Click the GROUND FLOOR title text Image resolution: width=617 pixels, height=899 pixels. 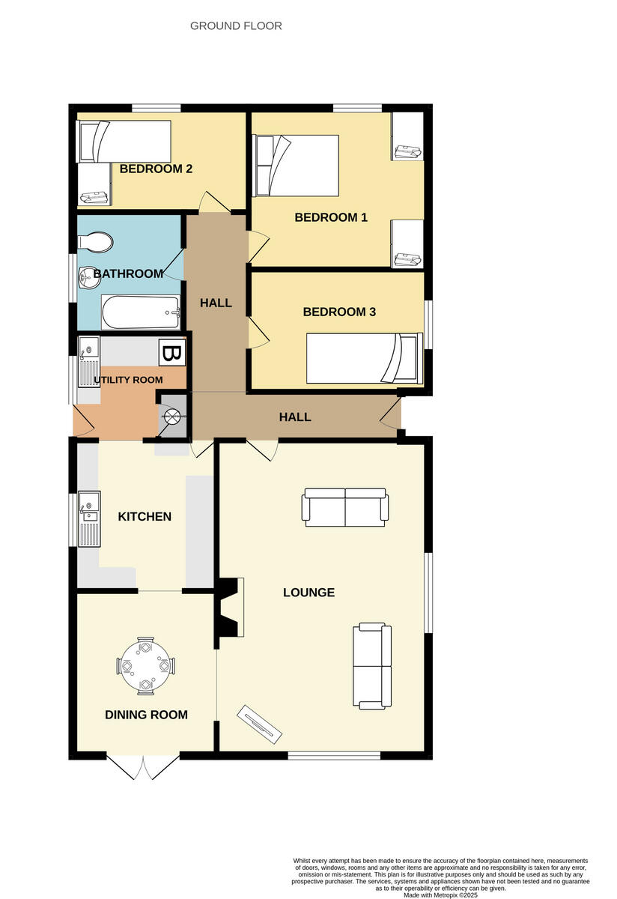tap(236, 25)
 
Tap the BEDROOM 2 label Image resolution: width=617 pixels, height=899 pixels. tap(156, 169)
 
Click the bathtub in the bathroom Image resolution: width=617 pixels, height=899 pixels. tap(141, 312)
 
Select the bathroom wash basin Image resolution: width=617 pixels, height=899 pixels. tap(88, 277)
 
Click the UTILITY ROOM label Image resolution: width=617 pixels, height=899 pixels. tap(128, 380)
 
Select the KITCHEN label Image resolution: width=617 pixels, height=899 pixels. tap(145, 516)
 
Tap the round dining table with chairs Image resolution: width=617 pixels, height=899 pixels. tap(145, 665)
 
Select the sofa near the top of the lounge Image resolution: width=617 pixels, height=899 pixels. tap(345, 506)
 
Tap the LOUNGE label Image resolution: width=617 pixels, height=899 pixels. tap(308, 592)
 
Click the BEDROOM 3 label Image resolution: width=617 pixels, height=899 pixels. tap(338, 312)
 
